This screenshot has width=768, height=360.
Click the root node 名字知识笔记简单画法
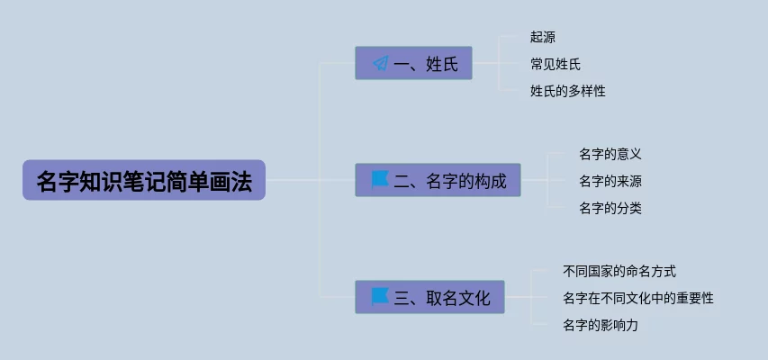click(144, 180)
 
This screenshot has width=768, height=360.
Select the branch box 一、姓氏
click(414, 63)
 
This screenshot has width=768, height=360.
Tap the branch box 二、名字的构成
click(438, 180)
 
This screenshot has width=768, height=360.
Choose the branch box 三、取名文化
click(430, 297)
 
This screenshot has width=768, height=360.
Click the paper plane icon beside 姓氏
click(380, 63)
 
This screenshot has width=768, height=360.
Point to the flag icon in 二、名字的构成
click(380, 179)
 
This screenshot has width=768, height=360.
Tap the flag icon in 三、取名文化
click(380, 296)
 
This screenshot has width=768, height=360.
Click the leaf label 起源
click(543, 38)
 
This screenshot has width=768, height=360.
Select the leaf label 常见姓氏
click(556, 64)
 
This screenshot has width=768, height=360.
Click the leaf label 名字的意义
click(610, 155)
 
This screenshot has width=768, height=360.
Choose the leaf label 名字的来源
click(610, 181)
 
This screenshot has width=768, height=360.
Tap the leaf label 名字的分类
click(610, 208)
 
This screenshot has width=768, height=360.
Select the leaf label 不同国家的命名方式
click(619, 271)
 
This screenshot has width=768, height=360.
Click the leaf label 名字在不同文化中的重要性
click(637, 298)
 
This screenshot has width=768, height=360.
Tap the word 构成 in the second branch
click(490, 181)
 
